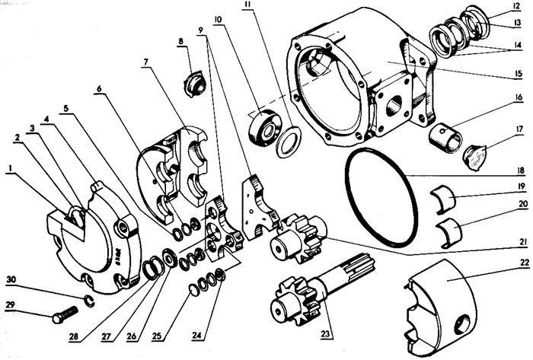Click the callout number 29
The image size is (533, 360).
(11, 304)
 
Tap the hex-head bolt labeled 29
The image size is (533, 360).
(65, 314)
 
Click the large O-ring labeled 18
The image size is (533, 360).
(381, 197)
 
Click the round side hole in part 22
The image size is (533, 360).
(464, 323)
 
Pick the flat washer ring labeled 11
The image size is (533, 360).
(289, 142)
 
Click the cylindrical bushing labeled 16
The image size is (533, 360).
(445, 138)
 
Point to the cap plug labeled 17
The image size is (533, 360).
(476, 158)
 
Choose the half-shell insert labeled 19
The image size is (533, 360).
(443, 199)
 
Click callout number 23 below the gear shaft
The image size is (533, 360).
(325, 334)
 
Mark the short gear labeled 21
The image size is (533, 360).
(299, 238)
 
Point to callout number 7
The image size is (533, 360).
(146, 62)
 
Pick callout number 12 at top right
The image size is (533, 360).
(516, 6)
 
